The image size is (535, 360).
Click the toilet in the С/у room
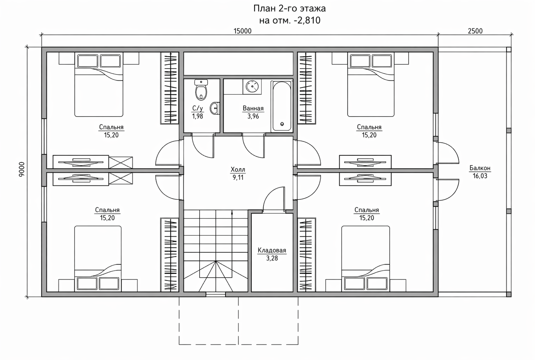point(201,90)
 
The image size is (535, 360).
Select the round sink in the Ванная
point(252,87)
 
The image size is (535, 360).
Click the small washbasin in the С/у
point(215,108)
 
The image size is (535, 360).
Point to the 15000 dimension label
point(242,31)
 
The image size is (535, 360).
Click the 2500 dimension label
point(475,31)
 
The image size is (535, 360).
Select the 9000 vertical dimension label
point(22,169)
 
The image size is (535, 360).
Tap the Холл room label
point(238,170)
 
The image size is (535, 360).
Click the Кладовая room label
point(272,250)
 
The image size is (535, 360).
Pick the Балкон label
point(480,168)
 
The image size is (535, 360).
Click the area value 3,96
point(253,116)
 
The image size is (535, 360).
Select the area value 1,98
point(197,116)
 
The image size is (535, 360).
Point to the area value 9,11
point(238,177)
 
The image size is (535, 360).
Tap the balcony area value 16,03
point(480,176)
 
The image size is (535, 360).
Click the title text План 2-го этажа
point(290,9)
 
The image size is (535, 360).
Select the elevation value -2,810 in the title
point(307,21)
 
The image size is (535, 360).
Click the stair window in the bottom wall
point(216,295)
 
